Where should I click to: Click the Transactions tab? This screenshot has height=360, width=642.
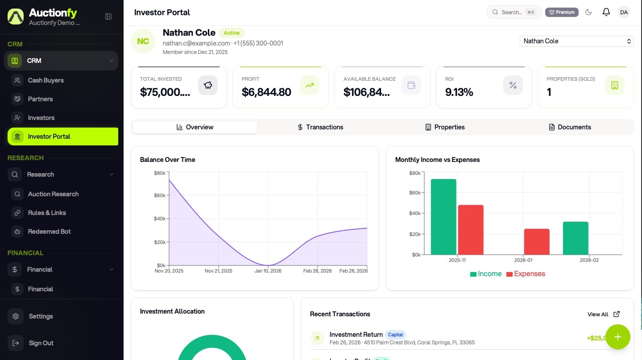tap(320, 127)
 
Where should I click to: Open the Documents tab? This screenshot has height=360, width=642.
tap(570, 127)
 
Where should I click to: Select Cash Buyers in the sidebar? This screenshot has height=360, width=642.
tap(46, 80)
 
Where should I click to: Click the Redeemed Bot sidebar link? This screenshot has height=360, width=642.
tap(49, 232)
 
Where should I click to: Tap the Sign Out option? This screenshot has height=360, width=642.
tap(41, 343)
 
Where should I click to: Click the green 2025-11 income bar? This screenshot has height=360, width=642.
tap(443, 217)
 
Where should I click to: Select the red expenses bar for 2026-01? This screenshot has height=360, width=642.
tap(537, 242)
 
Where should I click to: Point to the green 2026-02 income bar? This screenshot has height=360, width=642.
tap(576, 238)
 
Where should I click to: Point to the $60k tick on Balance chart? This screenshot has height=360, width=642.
tap(160, 195)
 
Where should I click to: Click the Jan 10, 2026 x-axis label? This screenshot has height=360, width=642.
tap(268, 271)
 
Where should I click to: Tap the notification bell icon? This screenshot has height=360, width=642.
tap(606, 12)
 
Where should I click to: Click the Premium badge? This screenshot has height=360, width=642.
tap(562, 12)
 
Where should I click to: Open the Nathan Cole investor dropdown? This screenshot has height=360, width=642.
tap(576, 41)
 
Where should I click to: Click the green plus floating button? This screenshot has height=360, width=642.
tap(617, 337)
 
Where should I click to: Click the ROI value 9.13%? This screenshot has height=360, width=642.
tap(459, 92)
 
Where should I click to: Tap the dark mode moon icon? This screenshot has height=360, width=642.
tap(588, 12)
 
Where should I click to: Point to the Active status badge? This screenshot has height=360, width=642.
tap(232, 33)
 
